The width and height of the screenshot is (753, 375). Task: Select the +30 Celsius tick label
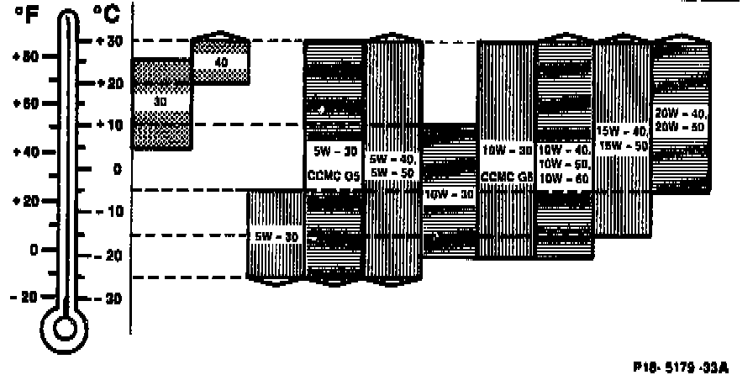110,41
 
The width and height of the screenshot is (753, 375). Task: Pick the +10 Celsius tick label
110,124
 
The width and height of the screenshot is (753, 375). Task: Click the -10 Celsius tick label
110,210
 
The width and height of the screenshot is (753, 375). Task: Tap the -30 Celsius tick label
110,298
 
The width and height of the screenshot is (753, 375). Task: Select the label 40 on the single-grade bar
221,61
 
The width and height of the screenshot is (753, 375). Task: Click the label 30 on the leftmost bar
161,101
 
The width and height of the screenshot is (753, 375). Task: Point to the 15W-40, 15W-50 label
623,137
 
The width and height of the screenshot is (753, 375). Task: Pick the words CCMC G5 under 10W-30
507,177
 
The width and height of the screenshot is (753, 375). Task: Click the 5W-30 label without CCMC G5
276,237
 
